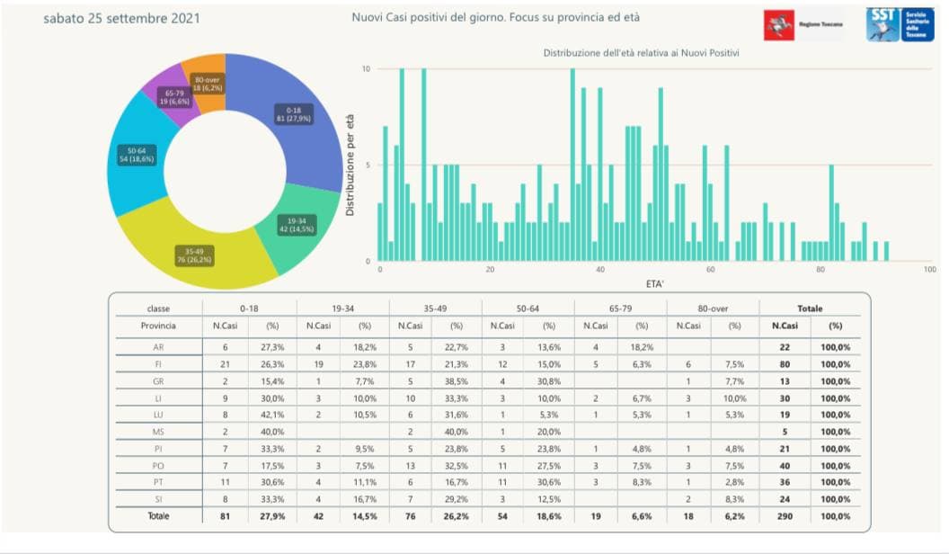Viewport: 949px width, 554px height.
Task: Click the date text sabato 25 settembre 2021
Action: [x=121, y=19]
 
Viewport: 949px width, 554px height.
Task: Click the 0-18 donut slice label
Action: [x=293, y=114]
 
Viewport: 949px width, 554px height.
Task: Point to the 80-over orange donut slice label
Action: [x=208, y=84]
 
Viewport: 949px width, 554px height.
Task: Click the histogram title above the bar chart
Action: [x=641, y=54]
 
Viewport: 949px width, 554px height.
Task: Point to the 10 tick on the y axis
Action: [x=366, y=69]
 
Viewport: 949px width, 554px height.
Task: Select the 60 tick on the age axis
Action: [x=710, y=270]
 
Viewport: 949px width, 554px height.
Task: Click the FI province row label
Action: [x=158, y=364]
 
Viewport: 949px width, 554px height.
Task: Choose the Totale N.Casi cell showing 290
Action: [x=785, y=516]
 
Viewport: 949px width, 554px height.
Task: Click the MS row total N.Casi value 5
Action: [x=785, y=432]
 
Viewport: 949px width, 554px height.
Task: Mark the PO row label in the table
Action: [x=158, y=466]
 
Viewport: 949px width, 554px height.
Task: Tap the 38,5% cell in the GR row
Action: [x=457, y=381]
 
